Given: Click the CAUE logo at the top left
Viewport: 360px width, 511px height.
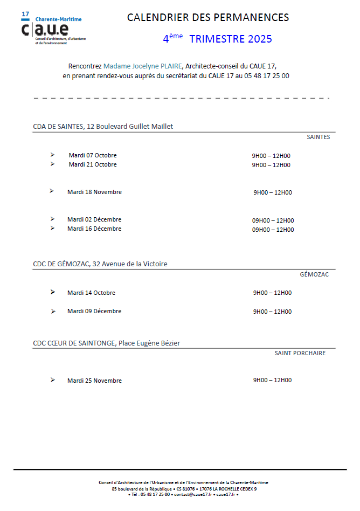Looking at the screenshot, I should click(x=53, y=27).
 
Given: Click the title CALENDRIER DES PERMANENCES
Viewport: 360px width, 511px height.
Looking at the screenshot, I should click(x=208, y=18).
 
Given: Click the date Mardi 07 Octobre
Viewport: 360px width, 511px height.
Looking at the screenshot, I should click(x=93, y=155).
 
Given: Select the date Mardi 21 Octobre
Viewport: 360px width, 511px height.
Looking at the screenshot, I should click(x=93, y=164).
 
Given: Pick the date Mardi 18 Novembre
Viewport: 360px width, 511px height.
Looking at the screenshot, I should click(x=94, y=192).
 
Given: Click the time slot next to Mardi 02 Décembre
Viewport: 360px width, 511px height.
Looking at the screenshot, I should click(x=273, y=220).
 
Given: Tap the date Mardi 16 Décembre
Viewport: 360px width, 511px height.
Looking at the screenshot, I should click(x=94, y=229).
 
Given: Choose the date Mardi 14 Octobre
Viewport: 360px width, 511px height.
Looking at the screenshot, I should click(x=91, y=293).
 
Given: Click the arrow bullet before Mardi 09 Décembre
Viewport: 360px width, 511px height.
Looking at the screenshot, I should click(x=53, y=311).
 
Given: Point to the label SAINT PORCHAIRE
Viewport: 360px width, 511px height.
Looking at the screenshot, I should click(x=300, y=353).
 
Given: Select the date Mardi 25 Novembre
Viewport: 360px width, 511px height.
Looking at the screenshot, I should click(x=94, y=381).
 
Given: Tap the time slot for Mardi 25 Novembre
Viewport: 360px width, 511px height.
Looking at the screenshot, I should click(x=272, y=380).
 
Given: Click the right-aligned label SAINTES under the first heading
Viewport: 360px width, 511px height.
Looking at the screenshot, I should click(x=318, y=137).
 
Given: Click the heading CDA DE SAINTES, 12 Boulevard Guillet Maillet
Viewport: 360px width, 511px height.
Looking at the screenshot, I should click(x=103, y=127).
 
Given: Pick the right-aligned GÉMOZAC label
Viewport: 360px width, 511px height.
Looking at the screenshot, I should click(x=314, y=274).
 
